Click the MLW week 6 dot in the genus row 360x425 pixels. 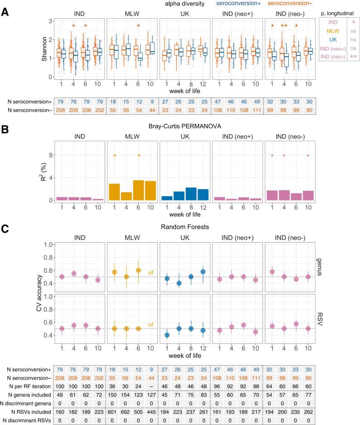point(139,270)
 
